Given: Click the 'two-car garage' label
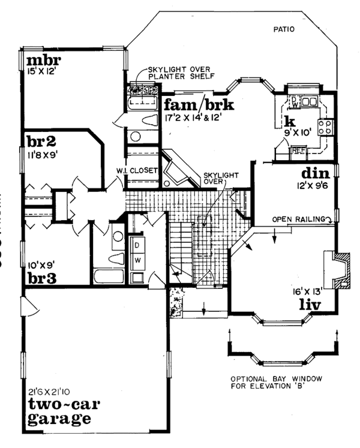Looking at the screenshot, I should coord(60,410).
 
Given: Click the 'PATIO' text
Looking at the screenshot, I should coord(284,28).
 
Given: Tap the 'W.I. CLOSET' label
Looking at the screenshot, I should coord(137,170).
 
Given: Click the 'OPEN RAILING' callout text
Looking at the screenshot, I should coord(298,219).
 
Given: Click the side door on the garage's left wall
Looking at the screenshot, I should coord(25,308).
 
